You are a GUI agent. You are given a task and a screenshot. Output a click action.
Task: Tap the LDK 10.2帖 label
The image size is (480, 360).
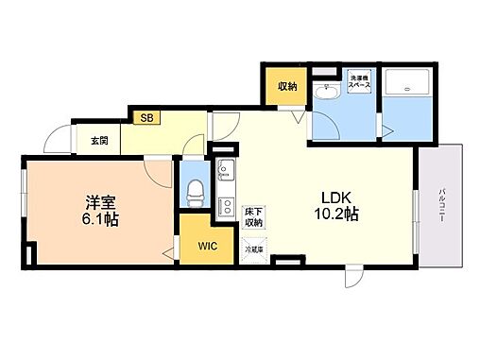(x=336, y=205)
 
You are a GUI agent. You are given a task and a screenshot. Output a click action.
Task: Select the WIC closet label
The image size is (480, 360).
(x=208, y=247)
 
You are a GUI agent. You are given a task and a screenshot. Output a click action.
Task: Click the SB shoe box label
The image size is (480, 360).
(x=146, y=118)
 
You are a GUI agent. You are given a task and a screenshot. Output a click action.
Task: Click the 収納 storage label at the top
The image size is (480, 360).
(x=286, y=86)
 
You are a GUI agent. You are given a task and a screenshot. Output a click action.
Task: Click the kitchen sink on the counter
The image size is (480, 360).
(x=227, y=172)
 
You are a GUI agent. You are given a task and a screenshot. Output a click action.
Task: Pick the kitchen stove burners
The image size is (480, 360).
(x=227, y=205)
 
